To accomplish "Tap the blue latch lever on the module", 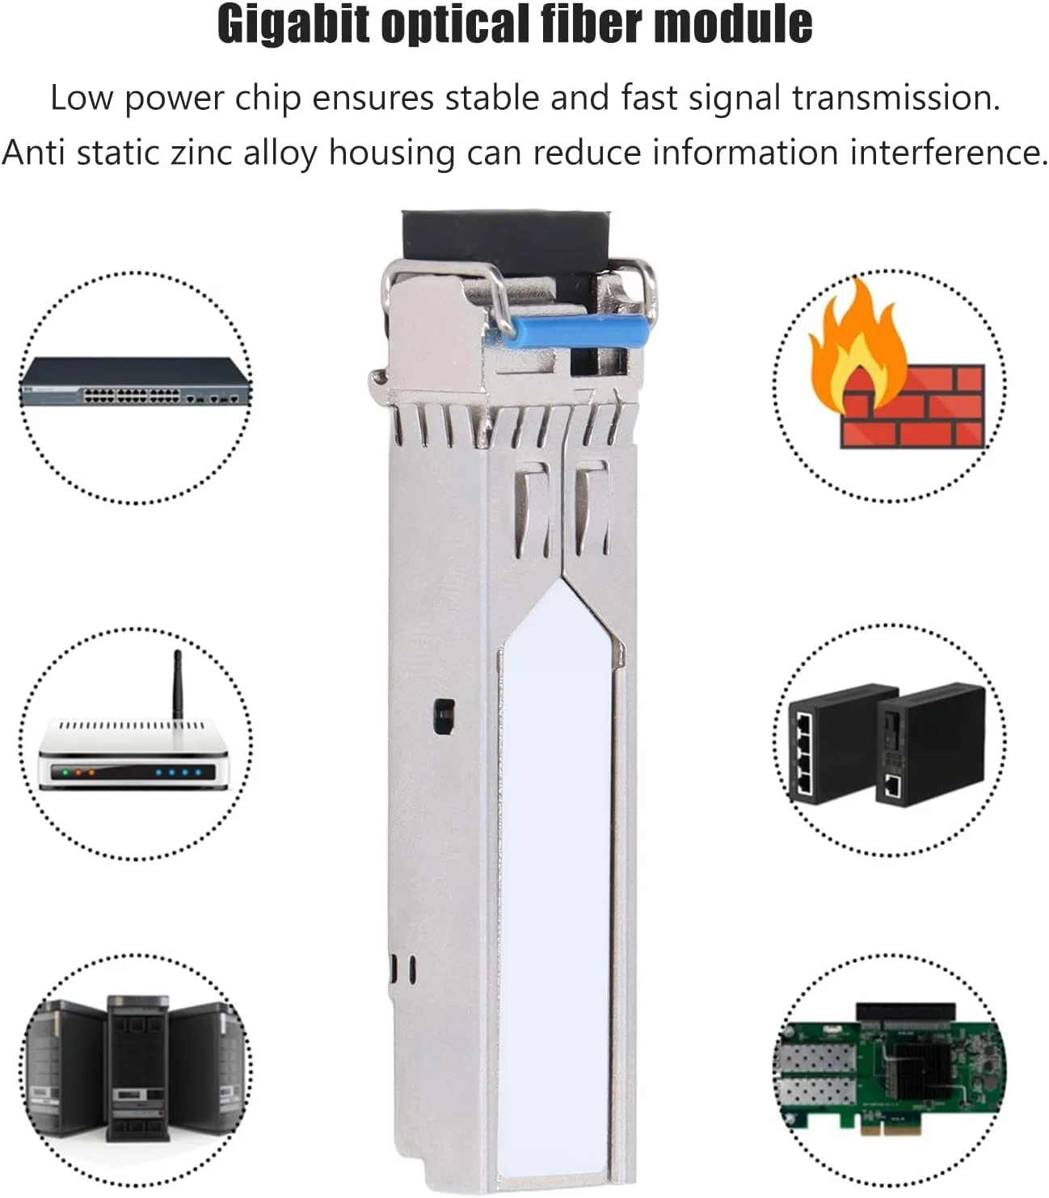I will [566, 332].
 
